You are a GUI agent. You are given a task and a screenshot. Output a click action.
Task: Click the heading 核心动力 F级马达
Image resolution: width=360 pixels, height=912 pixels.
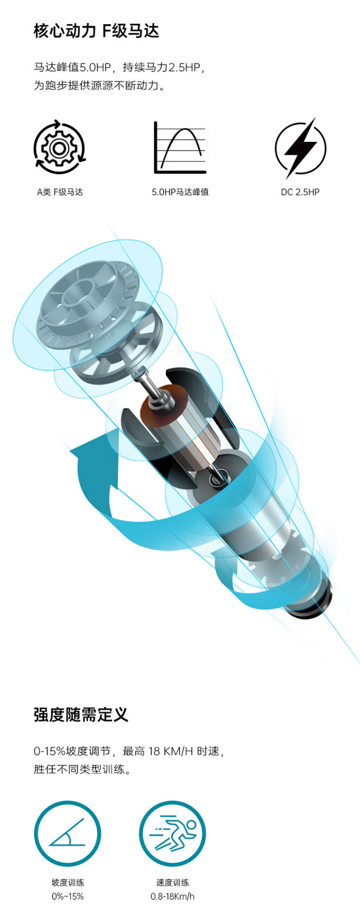96,31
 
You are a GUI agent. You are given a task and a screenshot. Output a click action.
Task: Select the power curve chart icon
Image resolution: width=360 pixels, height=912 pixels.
180,147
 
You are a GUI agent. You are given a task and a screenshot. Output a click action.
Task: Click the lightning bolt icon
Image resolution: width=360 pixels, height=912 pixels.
300,147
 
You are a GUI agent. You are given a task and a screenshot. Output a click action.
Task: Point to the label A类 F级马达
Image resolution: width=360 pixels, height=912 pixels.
60,192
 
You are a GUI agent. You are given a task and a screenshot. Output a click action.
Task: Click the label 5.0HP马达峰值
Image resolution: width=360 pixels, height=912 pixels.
180,192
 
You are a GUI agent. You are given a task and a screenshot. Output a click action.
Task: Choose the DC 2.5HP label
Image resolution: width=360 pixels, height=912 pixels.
300,192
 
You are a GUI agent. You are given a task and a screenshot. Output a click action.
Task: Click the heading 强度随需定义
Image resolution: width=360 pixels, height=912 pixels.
81,715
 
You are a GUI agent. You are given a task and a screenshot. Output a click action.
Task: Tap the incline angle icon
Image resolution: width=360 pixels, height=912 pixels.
68,833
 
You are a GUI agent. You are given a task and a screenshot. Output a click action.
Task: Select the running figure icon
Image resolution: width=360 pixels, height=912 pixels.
172,833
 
